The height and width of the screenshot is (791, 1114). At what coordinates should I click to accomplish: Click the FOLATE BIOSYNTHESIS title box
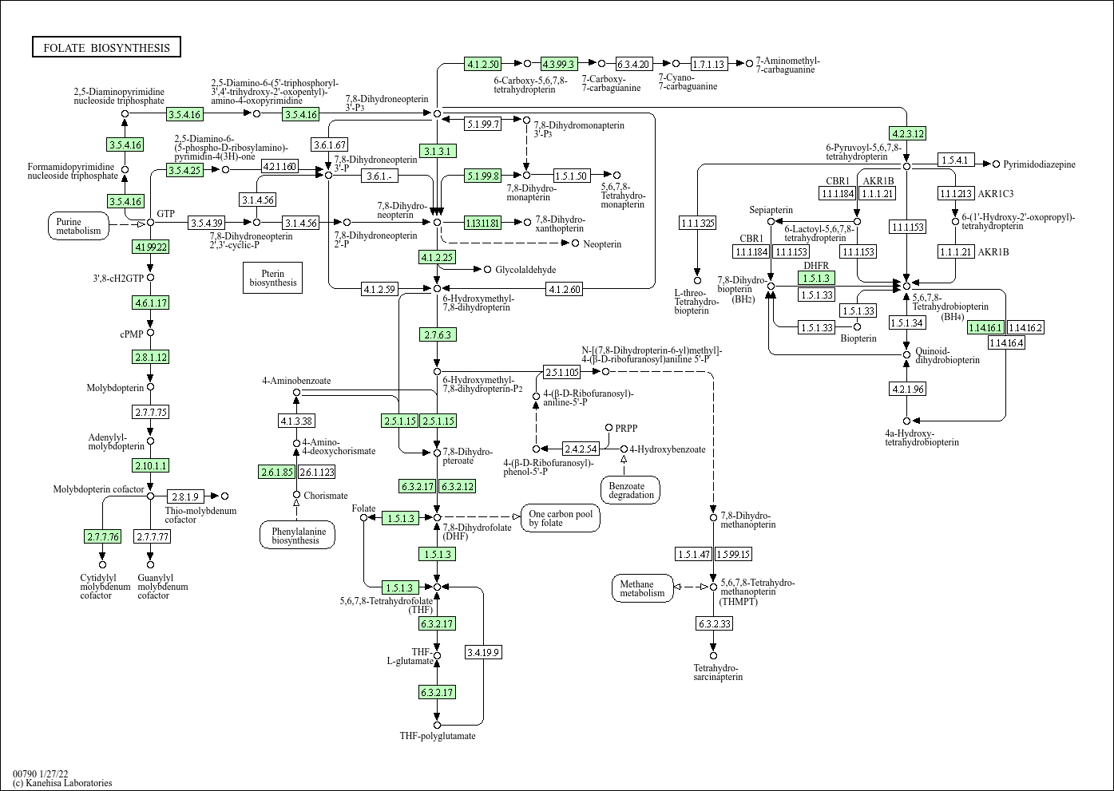[x=106, y=47]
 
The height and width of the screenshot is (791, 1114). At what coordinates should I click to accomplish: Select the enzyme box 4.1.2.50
[x=483, y=64]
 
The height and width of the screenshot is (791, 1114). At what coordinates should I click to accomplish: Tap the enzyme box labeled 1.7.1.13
[x=709, y=64]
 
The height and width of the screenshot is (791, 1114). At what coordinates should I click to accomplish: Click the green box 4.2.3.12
[x=908, y=133]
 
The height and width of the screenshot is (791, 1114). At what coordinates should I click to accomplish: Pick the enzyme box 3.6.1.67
[x=329, y=144]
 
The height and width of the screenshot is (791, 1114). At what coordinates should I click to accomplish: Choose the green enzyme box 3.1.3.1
[x=438, y=151]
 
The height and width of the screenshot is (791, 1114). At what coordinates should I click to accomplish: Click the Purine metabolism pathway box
[x=78, y=226]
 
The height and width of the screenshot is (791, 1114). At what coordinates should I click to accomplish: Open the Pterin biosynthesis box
[x=272, y=278]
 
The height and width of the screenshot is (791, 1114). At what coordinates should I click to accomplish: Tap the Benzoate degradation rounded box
[x=631, y=490]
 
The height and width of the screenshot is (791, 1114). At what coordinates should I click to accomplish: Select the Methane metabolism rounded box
[x=643, y=588]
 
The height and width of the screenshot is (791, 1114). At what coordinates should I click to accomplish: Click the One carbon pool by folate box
[x=561, y=518]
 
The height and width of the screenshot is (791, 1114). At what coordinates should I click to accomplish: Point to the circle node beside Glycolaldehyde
[x=487, y=269]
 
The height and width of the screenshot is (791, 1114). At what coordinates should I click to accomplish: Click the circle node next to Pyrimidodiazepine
[x=996, y=164]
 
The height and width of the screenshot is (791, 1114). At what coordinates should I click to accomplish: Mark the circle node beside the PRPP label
[x=609, y=428]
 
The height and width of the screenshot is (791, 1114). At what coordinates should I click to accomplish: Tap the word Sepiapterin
[x=771, y=210]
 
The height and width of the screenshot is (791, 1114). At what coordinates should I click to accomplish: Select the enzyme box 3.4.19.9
[x=483, y=652]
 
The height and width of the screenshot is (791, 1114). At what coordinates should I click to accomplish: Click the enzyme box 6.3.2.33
[x=715, y=623]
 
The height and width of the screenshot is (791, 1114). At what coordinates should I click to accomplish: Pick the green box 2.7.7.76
[x=103, y=536]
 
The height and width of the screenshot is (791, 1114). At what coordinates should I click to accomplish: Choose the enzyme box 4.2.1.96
[x=908, y=389]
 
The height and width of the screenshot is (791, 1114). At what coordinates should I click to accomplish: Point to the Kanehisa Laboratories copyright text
[x=62, y=783]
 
